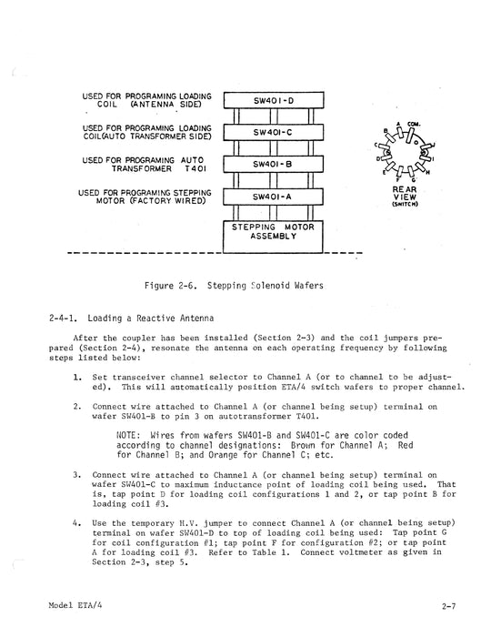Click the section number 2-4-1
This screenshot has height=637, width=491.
pyautogui.click(x=66, y=319)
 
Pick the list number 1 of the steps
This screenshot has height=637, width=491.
pyautogui.click(x=77, y=376)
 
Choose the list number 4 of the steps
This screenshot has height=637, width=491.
pyautogui.click(x=77, y=523)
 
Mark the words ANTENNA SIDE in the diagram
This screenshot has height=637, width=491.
pyautogui.click(x=156, y=104)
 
